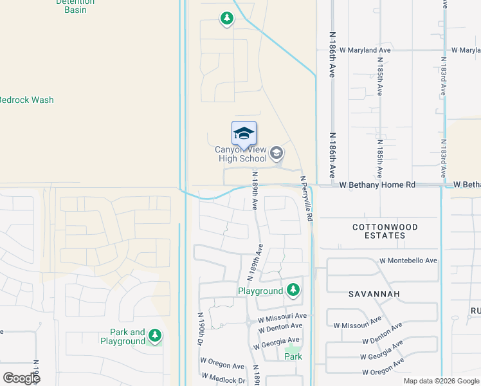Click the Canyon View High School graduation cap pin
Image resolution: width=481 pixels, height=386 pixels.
point(244,133)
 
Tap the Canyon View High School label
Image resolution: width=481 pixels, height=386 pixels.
point(240,154)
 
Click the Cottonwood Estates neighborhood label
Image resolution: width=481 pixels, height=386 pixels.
point(385,232)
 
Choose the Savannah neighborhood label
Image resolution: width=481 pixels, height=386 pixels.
point(374,294)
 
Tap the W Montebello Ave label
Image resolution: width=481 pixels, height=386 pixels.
point(408,261)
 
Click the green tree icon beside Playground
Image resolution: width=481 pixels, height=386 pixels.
point(293,290)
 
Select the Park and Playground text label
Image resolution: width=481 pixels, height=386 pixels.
point(123,336)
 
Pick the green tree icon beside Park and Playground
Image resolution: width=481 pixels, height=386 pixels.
point(154,335)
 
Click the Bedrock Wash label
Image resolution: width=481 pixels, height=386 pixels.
point(25,100)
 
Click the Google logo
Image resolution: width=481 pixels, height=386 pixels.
point(21,378)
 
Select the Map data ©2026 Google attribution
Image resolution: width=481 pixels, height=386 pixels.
point(441,381)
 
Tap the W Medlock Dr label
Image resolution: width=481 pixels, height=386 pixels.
point(223,379)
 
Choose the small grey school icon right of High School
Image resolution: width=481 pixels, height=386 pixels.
point(277,152)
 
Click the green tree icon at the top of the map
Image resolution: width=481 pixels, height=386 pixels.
point(226,19)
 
